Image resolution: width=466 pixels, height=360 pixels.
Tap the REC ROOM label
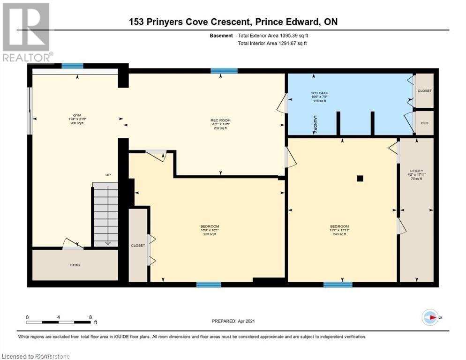pyautogui.click(x=220, y=120)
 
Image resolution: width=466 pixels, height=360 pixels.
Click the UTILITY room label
pyautogui.click(x=416, y=171)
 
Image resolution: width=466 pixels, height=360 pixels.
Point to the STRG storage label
pyautogui.click(x=75, y=265)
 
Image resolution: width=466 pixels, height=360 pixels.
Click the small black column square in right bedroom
pyautogui.click(x=360, y=178)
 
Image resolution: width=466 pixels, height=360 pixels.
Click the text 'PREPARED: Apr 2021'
pyautogui.click(x=233, y=321)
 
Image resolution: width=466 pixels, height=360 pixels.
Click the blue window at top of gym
pyautogui.click(x=73, y=66)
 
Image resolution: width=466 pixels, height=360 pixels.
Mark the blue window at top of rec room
pyautogui.click(x=224, y=71)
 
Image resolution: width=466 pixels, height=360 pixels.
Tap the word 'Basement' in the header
pyautogui.click(x=221, y=36)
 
